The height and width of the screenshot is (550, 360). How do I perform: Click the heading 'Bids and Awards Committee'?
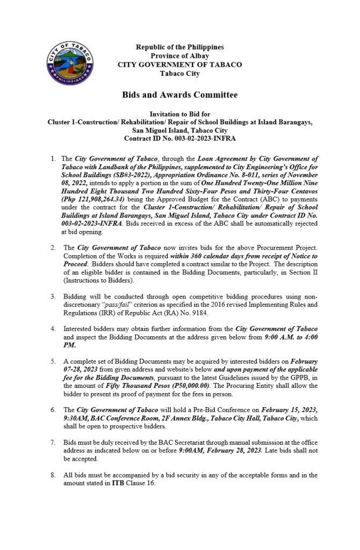tap(179, 95)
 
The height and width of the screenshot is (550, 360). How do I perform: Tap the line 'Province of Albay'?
tap(179, 56)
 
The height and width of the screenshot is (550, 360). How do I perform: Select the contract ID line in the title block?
tap(179, 139)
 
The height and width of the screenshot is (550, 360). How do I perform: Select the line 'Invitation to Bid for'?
tap(179, 114)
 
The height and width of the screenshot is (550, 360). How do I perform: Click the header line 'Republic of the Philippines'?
tap(179, 47)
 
